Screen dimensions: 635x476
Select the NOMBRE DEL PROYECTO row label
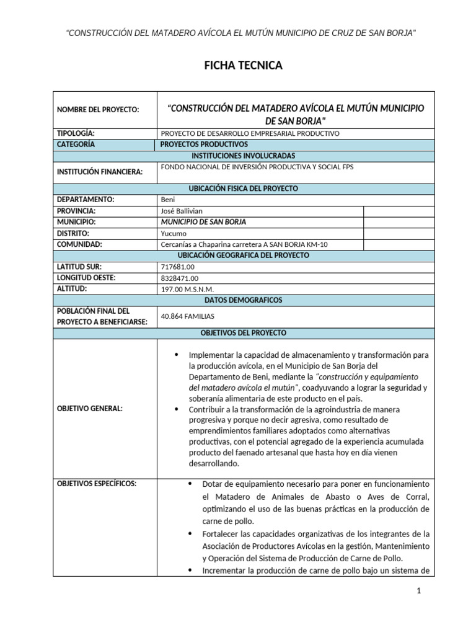click(x=98, y=110)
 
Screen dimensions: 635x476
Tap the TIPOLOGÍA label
click(x=76, y=133)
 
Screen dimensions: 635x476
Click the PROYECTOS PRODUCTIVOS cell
click(x=204, y=144)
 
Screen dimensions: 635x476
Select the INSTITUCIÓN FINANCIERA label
click(x=100, y=172)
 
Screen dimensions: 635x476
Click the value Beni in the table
click(x=167, y=199)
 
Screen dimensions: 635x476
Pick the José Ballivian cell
click(x=181, y=210)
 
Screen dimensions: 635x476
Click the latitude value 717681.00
click(x=177, y=267)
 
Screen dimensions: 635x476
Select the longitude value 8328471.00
click(x=179, y=278)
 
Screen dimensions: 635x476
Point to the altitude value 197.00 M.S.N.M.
click(x=187, y=289)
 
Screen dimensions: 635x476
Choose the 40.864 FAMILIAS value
click(x=187, y=316)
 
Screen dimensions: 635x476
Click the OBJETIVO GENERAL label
click(x=90, y=409)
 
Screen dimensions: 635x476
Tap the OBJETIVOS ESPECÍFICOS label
click(x=96, y=483)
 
